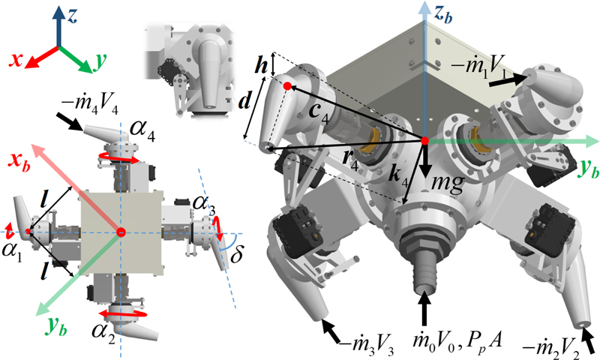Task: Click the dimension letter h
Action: pos(260,65)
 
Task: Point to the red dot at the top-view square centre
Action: pos(120,233)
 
